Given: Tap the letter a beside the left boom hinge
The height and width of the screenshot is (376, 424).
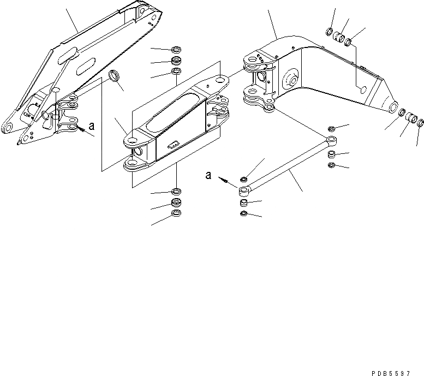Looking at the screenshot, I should pyautogui.click(x=91, y=126).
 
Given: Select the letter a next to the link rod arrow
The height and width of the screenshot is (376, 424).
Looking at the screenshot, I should pyautogui.click(x=208, y=175).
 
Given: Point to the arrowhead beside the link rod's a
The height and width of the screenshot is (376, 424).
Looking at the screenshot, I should pyautogui.click(x=221, y=178).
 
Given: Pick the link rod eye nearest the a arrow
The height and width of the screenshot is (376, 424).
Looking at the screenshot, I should pyautogui.click(x=244, y=190).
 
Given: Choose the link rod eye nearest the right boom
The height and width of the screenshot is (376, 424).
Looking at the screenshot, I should pyautogui.click(x=330, y=141).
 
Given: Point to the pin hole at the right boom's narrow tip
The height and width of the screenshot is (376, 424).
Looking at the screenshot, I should pyautogui.click(x=392, y=108).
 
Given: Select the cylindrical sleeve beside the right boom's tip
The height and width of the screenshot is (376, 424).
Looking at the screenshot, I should pyautogui.click(x=413, y=118).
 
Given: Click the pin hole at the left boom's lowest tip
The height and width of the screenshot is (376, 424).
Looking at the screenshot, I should pyautogui.click(x=9, y=128).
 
